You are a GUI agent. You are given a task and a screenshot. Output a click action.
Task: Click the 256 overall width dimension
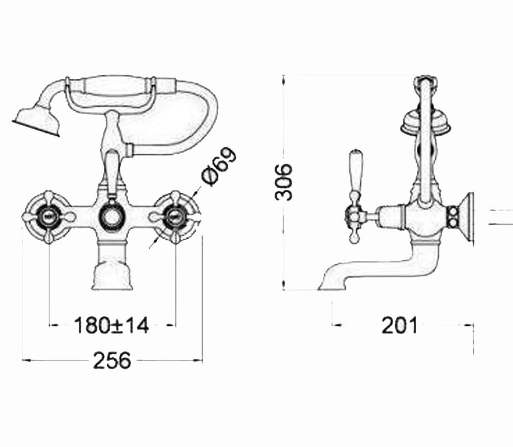[112, 360]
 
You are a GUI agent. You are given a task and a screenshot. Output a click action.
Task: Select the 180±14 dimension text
[111, 325]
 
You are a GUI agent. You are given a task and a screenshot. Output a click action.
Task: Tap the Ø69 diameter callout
[218, 167]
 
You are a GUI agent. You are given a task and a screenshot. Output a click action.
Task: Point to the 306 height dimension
[283, 182]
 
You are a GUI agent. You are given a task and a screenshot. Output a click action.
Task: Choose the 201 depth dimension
[400, 325]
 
